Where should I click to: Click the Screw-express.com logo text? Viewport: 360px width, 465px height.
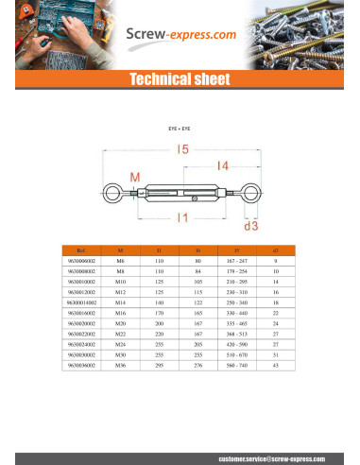pyautogui.click(x=181, y=37)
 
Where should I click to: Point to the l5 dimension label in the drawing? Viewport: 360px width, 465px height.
pyautogui.click(x=181, y=148)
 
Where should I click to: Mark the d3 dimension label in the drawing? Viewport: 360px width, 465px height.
pyautogui.click(x=250, y=226)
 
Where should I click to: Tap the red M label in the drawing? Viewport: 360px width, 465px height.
pyautogui.click(x=134, y=179)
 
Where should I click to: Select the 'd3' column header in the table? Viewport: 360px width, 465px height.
pyautogui.click(x=275, y=251)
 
